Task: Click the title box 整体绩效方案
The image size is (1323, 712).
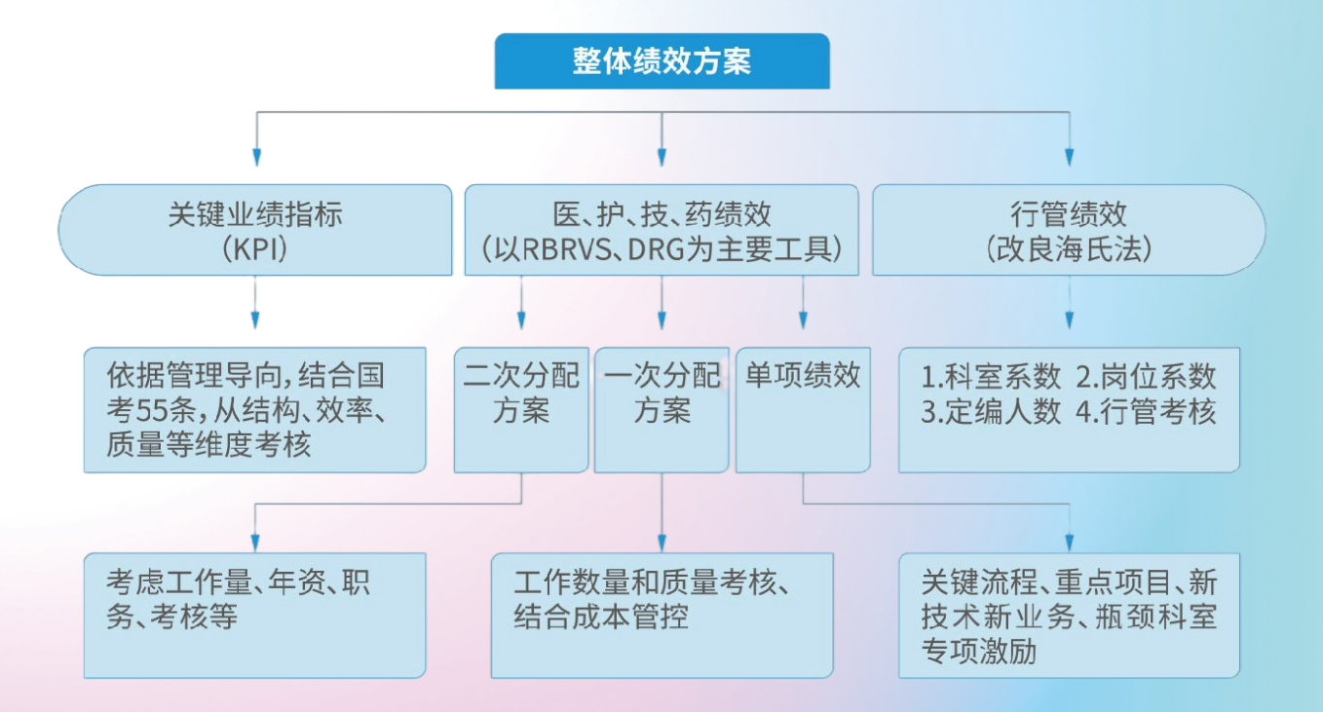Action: (661, 61)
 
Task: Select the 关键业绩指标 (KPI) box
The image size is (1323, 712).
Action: (255, 230)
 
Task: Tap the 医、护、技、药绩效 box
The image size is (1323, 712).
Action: (661, 230)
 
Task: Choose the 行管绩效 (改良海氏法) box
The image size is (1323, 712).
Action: (1069, 230)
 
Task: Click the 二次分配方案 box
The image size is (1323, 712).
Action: (521, 409)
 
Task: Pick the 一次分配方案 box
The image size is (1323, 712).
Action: (661, 409)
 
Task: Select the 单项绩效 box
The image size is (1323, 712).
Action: (803, 409)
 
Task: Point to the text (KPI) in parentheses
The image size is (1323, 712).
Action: (255, 249)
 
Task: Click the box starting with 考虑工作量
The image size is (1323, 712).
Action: (255, 614)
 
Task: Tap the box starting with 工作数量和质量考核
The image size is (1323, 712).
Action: (661, 614)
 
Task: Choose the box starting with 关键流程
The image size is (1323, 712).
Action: (1069, 614)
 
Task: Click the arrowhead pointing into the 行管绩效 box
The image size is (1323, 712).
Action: (1069, 158)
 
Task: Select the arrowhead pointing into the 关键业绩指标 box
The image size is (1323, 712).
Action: (256, 158)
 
